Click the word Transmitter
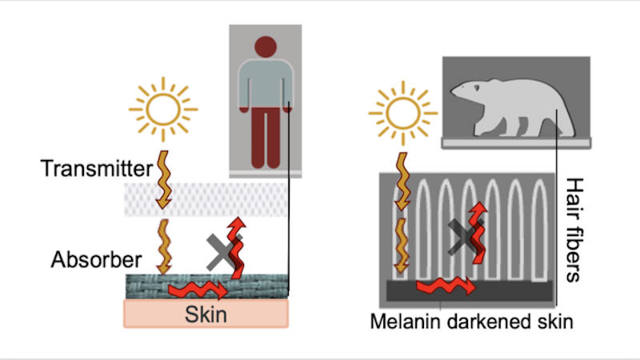(96, 168)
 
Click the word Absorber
(96, 259)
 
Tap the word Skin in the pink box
(206, 314)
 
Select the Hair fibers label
(574, 230)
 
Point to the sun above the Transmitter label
(163, 110)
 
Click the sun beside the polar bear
(403, 113)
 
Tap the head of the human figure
(266, 46)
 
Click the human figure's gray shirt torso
(266, 84)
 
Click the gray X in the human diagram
(223, 252)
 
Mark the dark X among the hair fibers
(465, 237)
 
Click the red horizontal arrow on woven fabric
(198, 291)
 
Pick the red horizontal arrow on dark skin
(446, 285)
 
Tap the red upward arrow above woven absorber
(237, 247)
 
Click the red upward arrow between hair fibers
(478, 233)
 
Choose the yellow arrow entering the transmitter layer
(163, 179)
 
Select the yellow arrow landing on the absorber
(164, 246)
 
